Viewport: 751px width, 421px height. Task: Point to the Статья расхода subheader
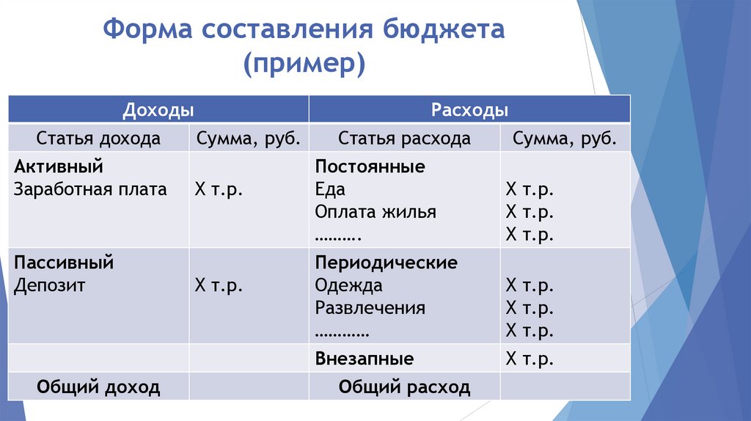[404, 139]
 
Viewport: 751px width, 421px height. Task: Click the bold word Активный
[58, 166]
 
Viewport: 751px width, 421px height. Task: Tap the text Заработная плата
[90, 189]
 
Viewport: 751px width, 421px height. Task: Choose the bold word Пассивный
[64, 262]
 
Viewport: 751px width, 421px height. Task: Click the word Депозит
[49, 285]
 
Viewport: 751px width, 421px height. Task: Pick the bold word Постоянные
[370, 166]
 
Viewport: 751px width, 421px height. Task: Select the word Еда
[330, 189]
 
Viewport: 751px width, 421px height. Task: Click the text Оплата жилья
[375, 212]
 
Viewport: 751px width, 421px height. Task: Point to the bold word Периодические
[387, 262]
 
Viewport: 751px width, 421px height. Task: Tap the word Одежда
[349, 285]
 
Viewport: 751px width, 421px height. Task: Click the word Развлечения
[370, 308]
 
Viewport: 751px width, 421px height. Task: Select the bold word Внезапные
[364, 359]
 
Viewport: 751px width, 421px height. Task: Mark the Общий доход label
[98, 387]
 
